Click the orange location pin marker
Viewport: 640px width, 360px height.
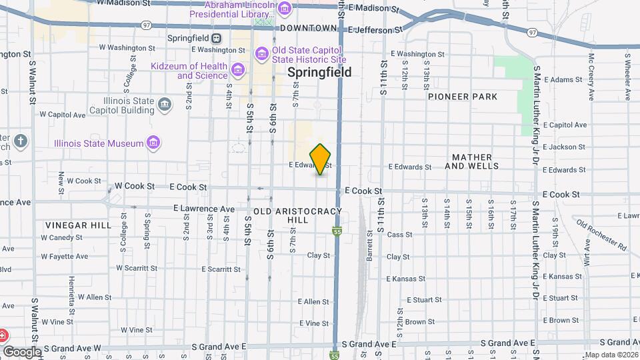[321, 159]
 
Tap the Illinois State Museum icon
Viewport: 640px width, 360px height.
[154, 143]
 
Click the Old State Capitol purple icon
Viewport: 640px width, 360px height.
[261, 53]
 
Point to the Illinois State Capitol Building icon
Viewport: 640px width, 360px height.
[165, 105]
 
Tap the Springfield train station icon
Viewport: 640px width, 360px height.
[216, 38]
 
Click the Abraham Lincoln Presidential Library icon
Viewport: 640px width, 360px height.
[285, 9]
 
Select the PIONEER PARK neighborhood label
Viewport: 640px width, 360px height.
[463, 97]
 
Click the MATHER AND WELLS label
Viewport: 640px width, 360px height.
[475, 161]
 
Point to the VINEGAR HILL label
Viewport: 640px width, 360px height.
[79, 225]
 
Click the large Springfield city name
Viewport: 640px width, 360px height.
[319, 73]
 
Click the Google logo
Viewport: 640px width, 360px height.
[22, 351]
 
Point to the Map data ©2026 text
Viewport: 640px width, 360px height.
[611, 355]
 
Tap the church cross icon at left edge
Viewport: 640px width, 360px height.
[21, 141]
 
